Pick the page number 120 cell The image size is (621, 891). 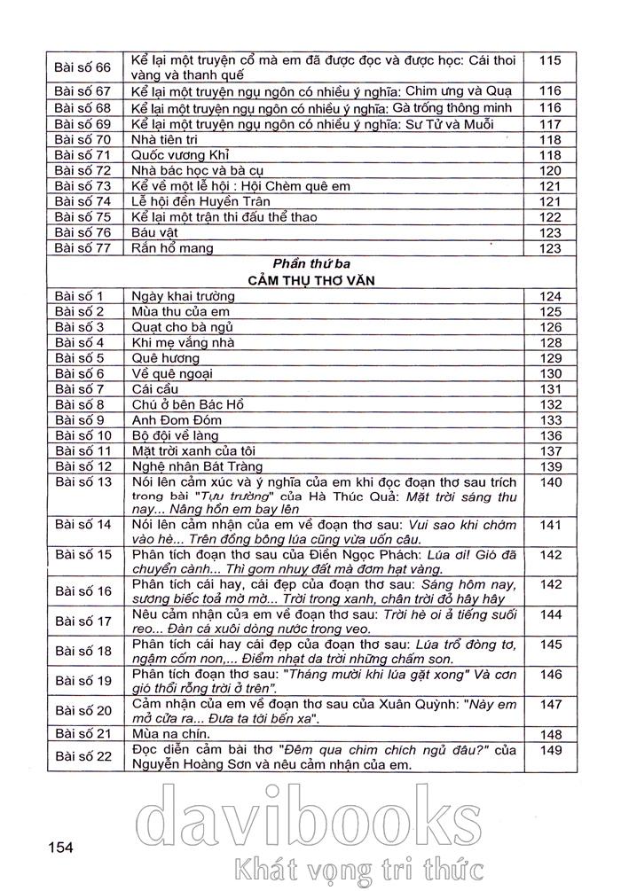tap(550, 170)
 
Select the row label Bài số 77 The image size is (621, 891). tap(83, 248)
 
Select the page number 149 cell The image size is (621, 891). tap(550, 751)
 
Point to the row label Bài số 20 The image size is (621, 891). tap(83, 711)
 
